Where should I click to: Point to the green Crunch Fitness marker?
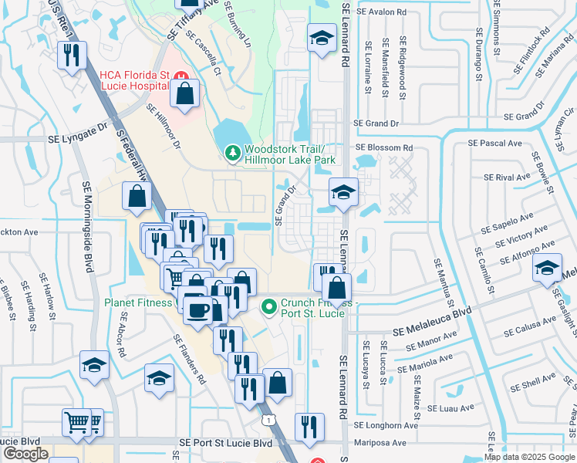coord(268,307)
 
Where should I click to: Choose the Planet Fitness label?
coord(137,302)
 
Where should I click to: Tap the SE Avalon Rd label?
coord(380,12)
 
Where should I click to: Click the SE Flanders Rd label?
coord(190,360)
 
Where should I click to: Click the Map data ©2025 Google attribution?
coord(530,457)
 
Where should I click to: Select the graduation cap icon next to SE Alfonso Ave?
coord(546,269)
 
